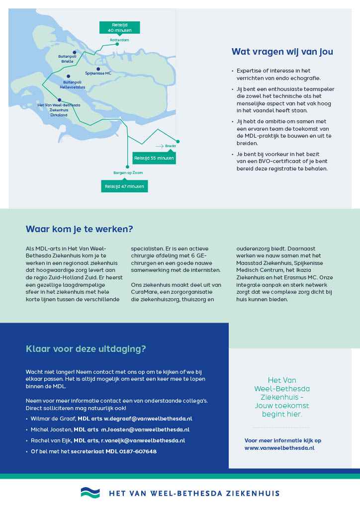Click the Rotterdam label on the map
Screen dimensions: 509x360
(x=119, y=39)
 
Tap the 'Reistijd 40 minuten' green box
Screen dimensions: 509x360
(x=119, y=27)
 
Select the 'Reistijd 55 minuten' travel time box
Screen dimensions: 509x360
(x=154, y=158)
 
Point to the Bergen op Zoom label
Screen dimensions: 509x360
(x=128, y=172)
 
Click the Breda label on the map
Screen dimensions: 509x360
(x=171, y=146)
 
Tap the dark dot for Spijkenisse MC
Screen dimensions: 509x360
(x=98, y=69)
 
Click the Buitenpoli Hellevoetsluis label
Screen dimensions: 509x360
(x=73, y=84)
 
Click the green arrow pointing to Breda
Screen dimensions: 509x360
(x=159, y=146)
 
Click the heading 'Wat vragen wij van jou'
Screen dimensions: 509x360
(x=282, y=52)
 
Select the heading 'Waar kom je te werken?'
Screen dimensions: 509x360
(x=80, y=229)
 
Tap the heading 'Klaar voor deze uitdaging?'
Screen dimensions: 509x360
(x=86, y=349)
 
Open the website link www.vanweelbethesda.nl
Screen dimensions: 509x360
(x=279, y=448)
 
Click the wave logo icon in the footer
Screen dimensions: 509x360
(x=90, y=493)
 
